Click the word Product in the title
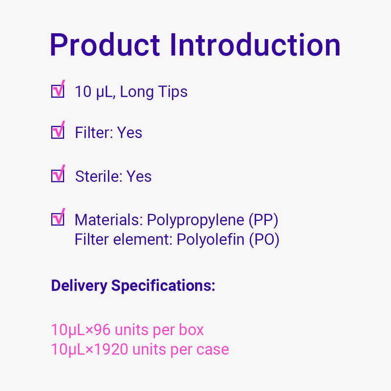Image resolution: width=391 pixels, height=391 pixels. (105, 45)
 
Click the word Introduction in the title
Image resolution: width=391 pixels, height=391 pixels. (255, 44)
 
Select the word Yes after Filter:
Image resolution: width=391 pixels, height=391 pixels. (130, 132)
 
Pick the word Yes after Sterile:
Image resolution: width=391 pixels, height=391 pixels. (139, 176)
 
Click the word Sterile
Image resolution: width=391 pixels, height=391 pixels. (97, 176)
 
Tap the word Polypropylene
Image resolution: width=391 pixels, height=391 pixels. (195, 221)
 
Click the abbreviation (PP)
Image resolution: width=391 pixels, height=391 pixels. (263, 220)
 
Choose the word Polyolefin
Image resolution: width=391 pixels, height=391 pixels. (211, 239)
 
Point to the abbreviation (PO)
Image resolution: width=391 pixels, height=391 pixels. (264, 240)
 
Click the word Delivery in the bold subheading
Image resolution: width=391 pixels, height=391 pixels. (79, 286)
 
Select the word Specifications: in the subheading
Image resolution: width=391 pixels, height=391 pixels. (163, 286)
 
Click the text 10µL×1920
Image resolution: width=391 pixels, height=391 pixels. (89, 349)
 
